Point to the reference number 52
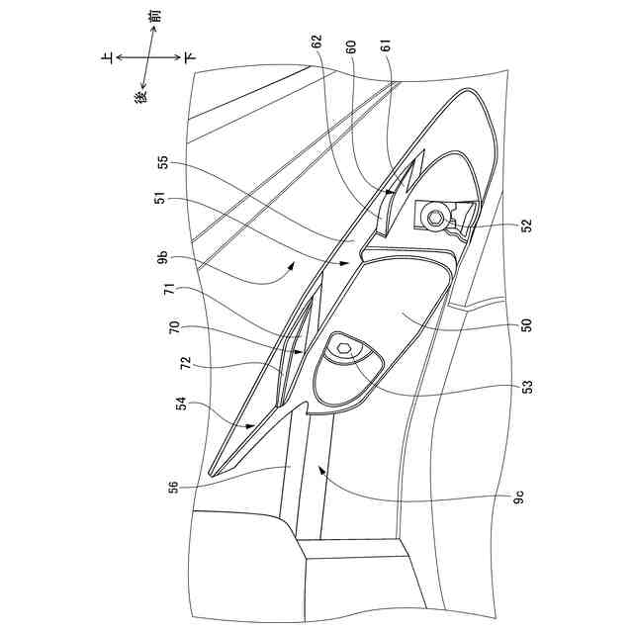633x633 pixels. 526,226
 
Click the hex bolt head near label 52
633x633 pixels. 436,215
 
